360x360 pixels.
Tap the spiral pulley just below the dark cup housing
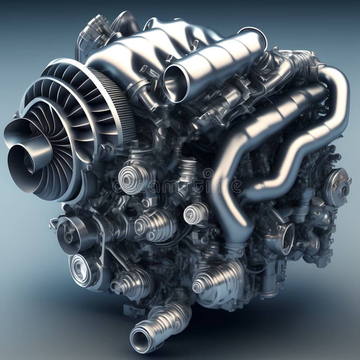pyautogui.click(x=81, y=269)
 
